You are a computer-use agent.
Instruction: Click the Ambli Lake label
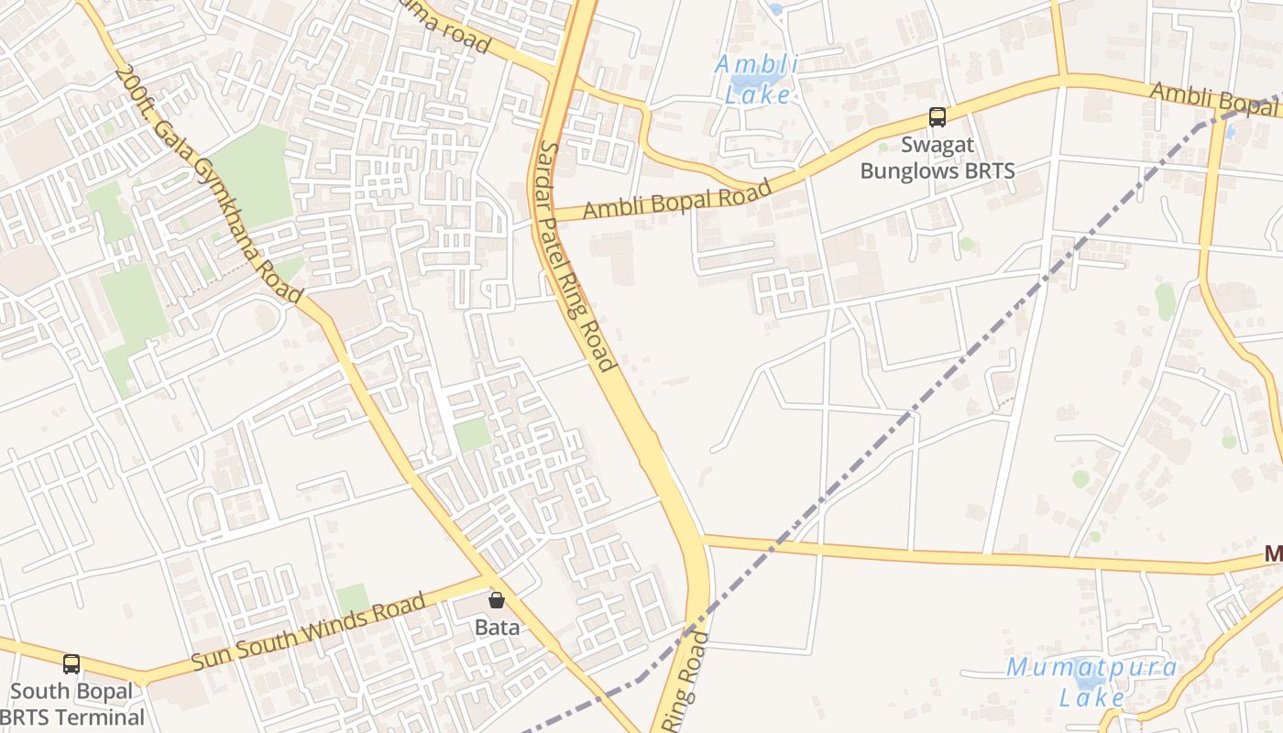coord(756,79)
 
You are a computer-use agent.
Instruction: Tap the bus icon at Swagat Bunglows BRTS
coord(937,117)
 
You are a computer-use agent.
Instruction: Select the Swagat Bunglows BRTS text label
coord(937,158)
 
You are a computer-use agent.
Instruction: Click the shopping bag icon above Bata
coord(497,600)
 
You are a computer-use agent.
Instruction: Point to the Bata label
coord(497,628)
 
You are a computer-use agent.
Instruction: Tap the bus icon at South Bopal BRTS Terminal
coord(71,664)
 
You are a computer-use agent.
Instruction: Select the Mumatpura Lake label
coord(1091,682)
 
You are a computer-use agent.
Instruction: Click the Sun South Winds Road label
coord(309,633)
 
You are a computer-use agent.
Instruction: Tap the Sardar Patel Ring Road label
coord(575,257)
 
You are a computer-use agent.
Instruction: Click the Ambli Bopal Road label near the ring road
coord(677,201)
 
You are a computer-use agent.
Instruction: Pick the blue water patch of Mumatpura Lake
coord(1091,683)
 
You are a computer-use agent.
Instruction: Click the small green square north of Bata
coord(473,433)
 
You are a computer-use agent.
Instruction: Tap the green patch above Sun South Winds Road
coord(352,599)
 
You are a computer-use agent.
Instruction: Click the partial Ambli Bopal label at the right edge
coord(1214,100)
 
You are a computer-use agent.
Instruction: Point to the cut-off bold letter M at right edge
coord(1273,553)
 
